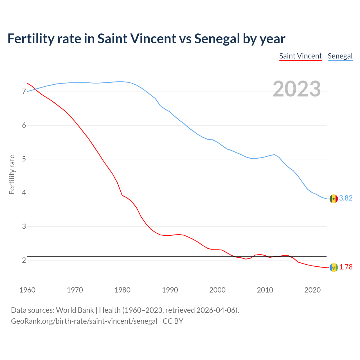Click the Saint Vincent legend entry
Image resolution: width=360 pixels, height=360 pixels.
point(300,56)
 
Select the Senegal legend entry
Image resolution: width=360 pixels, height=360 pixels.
point(340,56)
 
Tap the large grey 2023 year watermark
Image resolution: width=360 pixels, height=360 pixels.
point(297,89)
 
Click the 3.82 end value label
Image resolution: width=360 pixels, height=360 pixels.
point(346,198)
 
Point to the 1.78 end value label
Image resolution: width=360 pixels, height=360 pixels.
point(346,267)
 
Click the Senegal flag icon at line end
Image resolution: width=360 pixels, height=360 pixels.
point(334,199)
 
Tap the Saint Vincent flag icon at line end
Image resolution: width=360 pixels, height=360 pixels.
point(334,267)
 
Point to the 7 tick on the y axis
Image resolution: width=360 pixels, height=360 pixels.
point(24,92)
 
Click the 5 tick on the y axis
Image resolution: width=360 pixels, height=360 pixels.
point(24,159)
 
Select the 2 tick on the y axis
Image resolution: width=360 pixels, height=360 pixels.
point(24,260)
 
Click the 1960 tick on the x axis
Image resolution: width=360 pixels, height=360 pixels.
point(27,290)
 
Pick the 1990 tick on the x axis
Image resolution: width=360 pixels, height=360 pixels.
point(170,290)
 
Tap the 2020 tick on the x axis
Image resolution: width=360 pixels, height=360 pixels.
point(312,290)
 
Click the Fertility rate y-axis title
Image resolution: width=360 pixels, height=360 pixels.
point(12,174)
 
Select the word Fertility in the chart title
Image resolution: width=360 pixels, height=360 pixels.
point(30,39)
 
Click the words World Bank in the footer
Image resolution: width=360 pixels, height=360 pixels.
point(75,310)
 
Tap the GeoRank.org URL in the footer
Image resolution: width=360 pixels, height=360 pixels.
point(84,321)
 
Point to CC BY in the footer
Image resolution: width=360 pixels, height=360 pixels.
point(173,321)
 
